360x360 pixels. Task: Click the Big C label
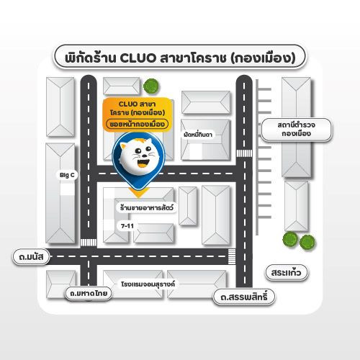pyautogui.click(x=67, y=175)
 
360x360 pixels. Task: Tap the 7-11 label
pyautogui.click(x=127, y=226)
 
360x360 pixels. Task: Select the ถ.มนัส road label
pyautogui.click(x=31, y=257)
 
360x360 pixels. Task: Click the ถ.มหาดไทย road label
pyautogui.click(x=89, y=293)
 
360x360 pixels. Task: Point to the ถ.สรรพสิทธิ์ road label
pyautogui.click(x=244, y=297)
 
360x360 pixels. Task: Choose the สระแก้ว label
pyautogui.click(x=286, y=273)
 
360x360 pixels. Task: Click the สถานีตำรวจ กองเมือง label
pyautogui.click(x=297, y=130)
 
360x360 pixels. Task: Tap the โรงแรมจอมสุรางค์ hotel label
pyautogui.click(x=148, y=284)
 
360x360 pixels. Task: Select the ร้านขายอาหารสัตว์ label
pyautogui.click(x=147, y=207)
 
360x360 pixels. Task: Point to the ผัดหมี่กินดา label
pyautogui.click(x=198, y=135)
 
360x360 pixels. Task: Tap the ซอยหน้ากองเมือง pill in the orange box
pyautogui.click(x=137, y=125)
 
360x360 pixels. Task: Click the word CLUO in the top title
pyautogui.click(x=138, y=58)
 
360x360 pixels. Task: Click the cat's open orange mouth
pyautogui.click(x=143, y=163)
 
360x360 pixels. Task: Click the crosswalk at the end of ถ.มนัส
pyautogui.click(x=232, y=256)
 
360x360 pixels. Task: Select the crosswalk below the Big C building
pyautogui.click(x=89, y=243)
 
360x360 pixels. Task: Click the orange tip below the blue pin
pyautogui.click(x=139, y=193)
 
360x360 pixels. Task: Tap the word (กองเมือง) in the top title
pyautogui.click(x=263, y=58)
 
